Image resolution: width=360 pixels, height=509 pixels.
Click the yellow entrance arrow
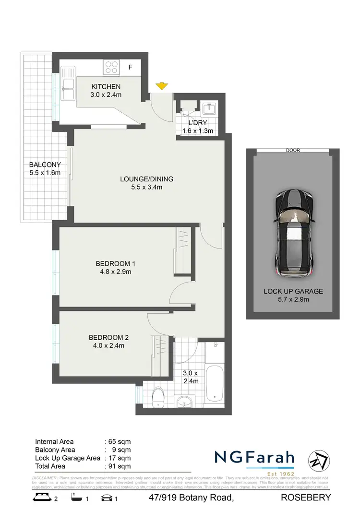pyautogui.click(x=162, y=86)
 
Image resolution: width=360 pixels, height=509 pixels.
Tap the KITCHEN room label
pyautogui.click(x=106, y=87)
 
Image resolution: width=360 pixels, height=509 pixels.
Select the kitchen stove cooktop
pyautogui.click(x=112, y=67)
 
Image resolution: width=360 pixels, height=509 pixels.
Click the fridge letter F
pyautogui.click(x=130, y=68)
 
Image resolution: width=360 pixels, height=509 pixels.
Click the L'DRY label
pyautogui.click(x=197, y=123)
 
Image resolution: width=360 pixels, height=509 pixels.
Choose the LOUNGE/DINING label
pyautogui.click(x=146, y=179)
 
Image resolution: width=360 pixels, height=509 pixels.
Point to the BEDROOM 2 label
pyautogui.click(x=108, y=337)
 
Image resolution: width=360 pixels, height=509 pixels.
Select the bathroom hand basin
pyautogui.click(x=183, y=401)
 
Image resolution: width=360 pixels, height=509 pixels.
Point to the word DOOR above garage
pyautogui.click(x=293, y=150)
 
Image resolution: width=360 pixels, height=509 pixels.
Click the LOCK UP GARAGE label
pyautogui.click(x=293, y=291)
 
